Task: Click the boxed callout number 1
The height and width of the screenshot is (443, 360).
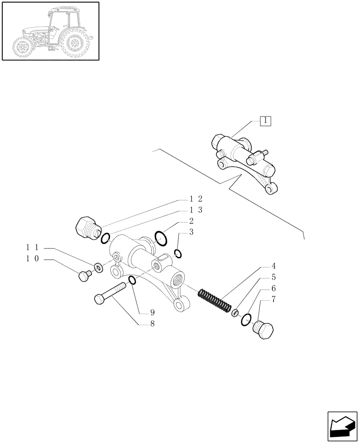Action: click(265, 121)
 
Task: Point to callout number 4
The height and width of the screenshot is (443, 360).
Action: click(273, 267)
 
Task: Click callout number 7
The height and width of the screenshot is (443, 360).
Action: click(273, 300)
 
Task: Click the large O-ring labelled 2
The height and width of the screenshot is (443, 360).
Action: click(161, 238)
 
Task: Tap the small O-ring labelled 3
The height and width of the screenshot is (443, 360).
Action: click(177, 254)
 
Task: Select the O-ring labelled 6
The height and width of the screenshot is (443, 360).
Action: click(246, 319)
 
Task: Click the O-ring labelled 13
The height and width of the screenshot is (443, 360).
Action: click(105, 239)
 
